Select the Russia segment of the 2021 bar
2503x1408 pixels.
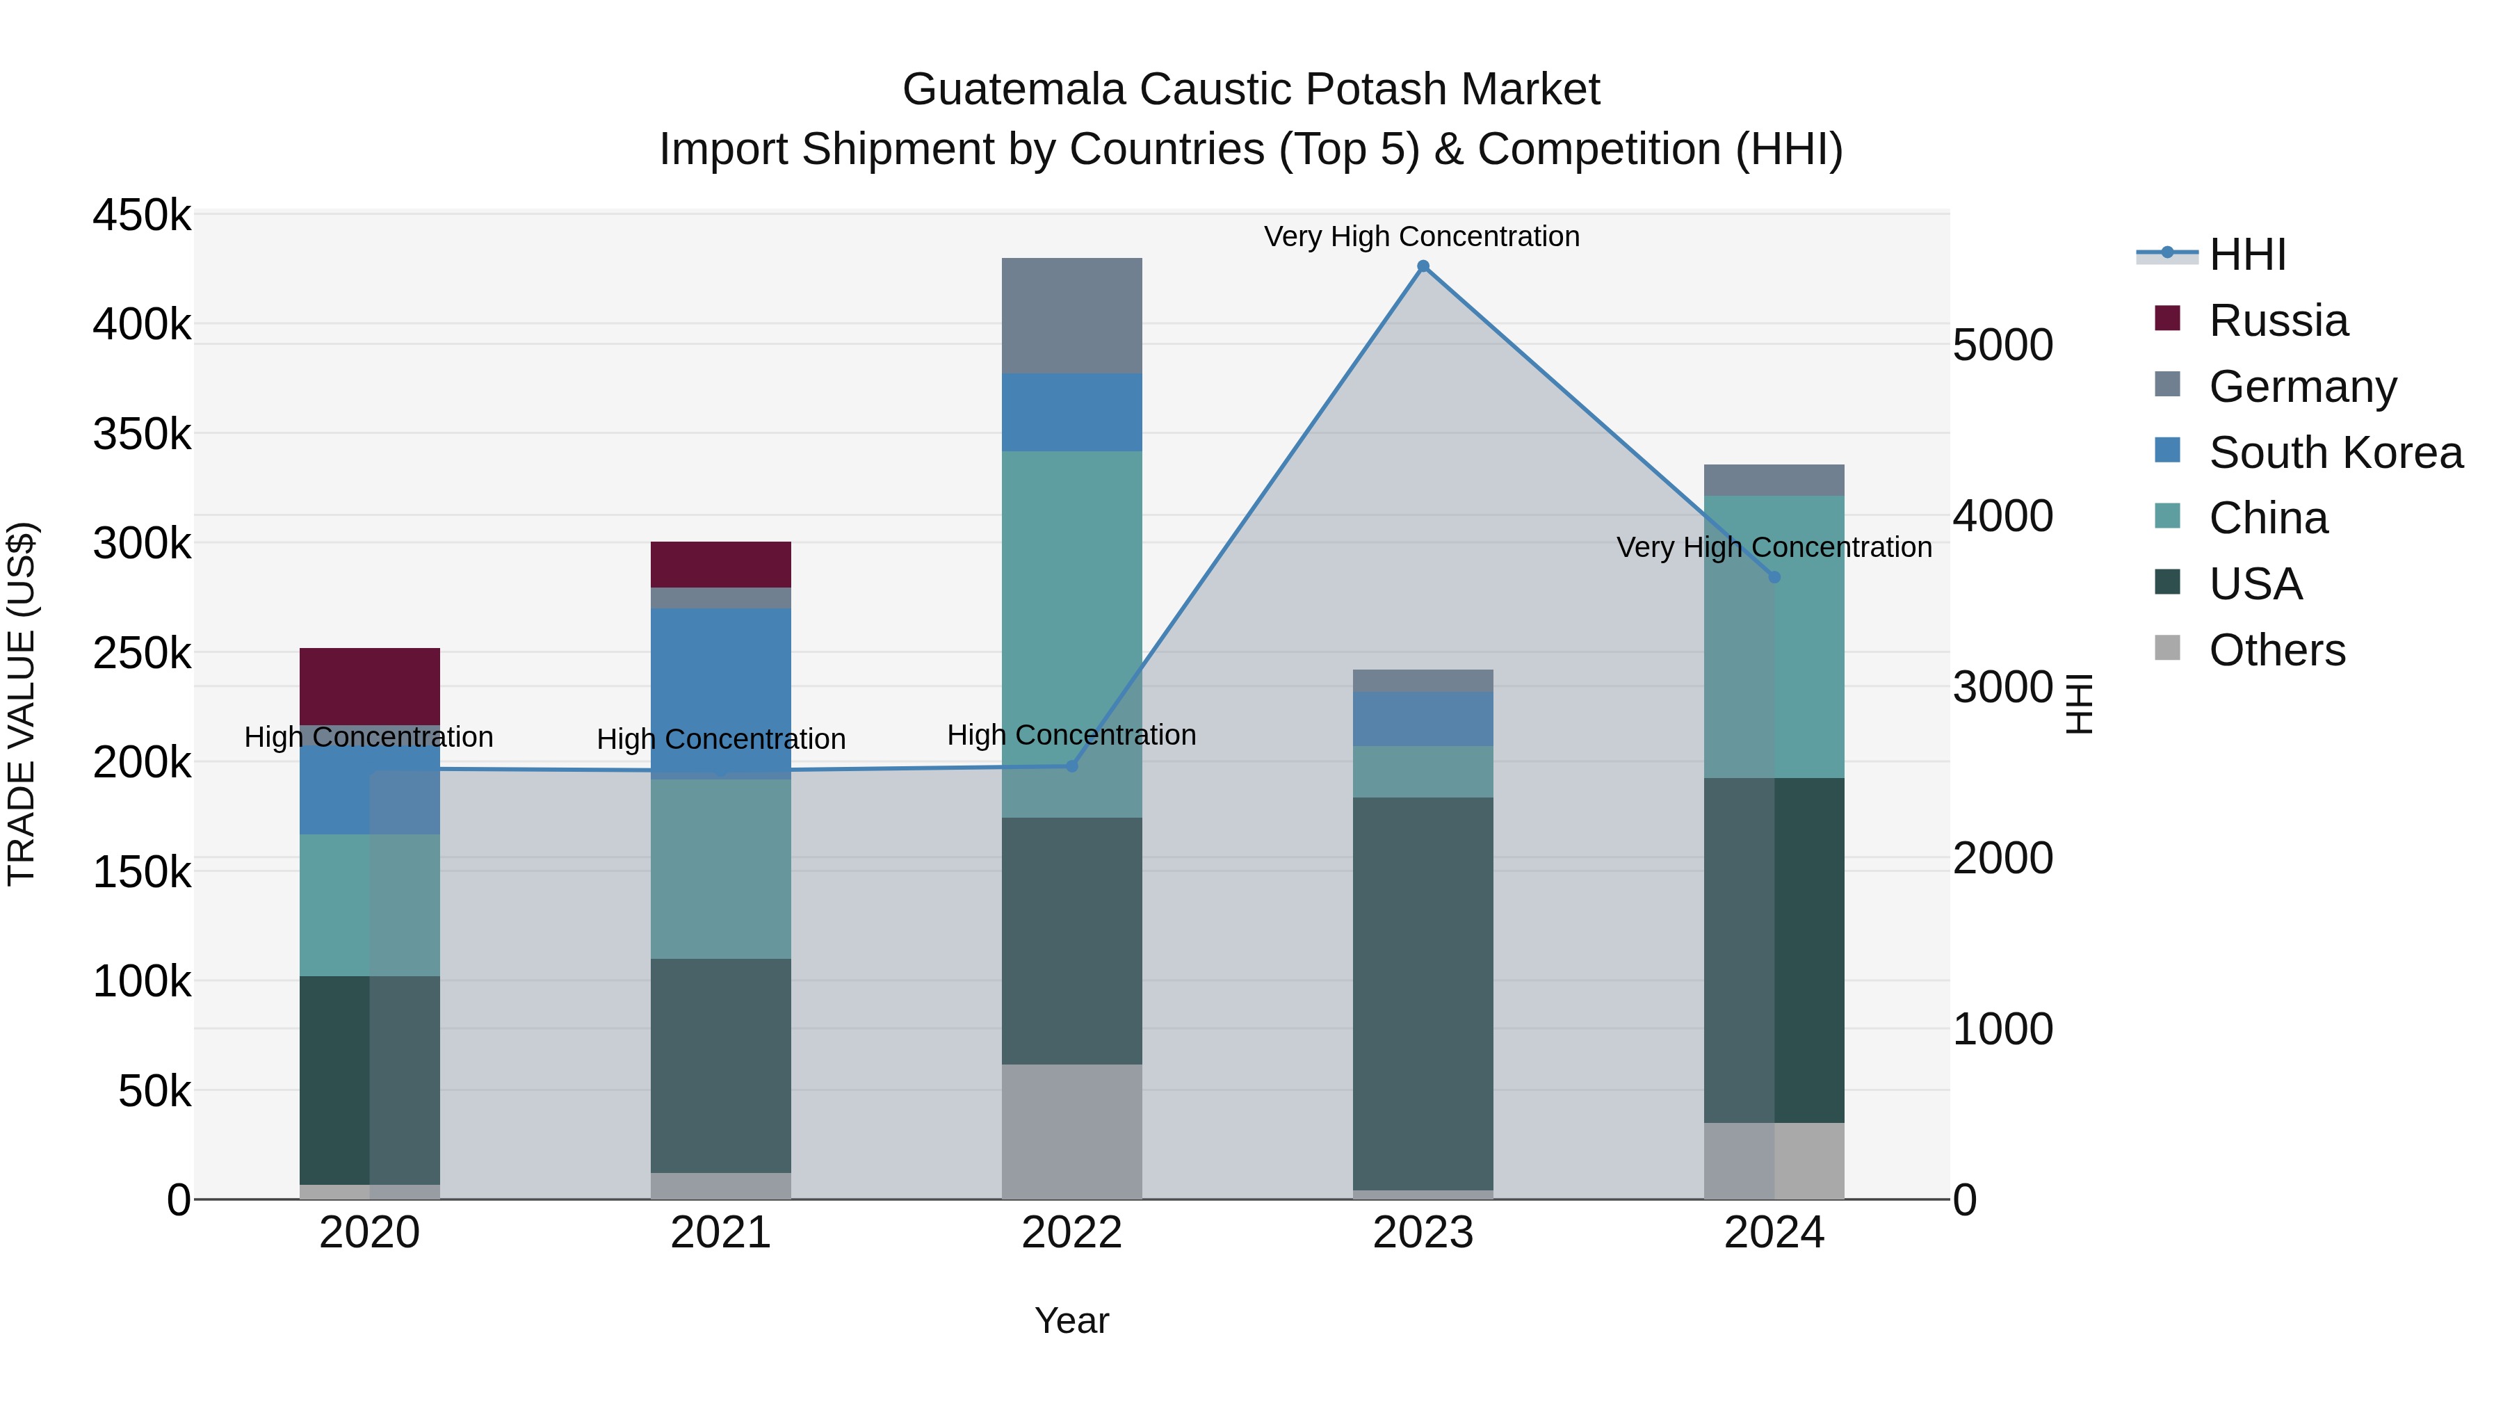pyautogui.click(x=720, y=565)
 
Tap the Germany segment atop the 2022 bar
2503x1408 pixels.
pyautogui.click(x=1071, y=316)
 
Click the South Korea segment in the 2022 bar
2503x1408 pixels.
pyautogui.click(x=1071, y=412)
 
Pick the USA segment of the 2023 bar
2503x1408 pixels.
pyautogui.click(x=1423, y=991)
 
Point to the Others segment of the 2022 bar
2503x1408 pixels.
pyautogui.click(x=1071, y=1132)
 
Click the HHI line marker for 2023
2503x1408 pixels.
pyautogui.click(x=1423, y=266)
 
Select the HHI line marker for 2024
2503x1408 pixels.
pyautogui.click(x=1774, y=577)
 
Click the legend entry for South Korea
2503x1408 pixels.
pyautogui.click(x=2335, y=453)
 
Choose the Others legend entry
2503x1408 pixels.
pyautogui.click(x=2276, y=650)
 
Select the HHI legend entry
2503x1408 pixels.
pyautogui.click(x=2246, y=254)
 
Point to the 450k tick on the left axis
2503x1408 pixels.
pyautogui.click(x=142, y=215)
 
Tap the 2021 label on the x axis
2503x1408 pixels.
pyautogui.click(x=720, y=1233)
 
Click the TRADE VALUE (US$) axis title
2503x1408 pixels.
pyautogui.click(x=22, y=704)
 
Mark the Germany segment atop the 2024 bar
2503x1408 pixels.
pyautogui.click(x=1774, y=480)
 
